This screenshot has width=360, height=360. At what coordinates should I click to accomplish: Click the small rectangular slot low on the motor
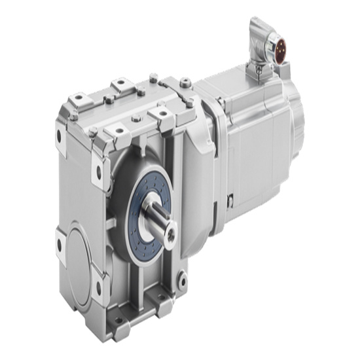[230, 197]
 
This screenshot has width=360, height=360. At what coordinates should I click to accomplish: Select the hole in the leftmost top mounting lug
[78, 98]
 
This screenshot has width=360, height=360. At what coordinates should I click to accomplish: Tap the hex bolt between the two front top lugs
[135, 118]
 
